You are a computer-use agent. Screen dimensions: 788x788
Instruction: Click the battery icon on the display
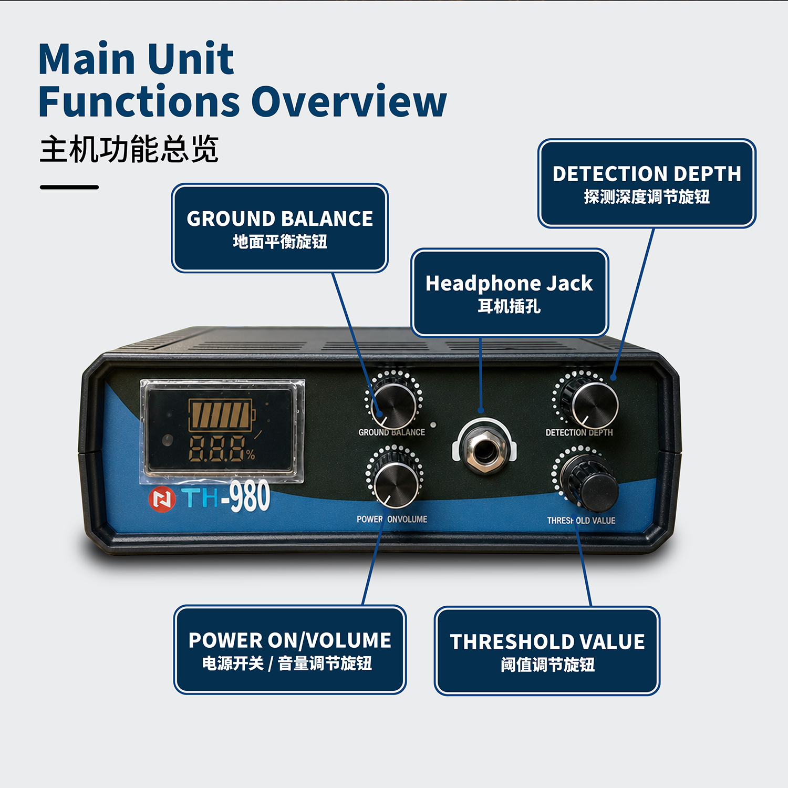[222, 414]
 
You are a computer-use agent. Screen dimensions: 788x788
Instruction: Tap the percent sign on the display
[250, 454]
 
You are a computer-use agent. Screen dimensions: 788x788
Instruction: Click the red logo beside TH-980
[162, 499]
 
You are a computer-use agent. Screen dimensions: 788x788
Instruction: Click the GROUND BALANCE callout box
[279, 228]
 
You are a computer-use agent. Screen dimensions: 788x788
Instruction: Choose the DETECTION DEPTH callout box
[647, 183]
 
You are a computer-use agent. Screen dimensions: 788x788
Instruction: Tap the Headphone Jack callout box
[510, 293]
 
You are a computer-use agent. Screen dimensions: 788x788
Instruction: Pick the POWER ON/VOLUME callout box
[290, 650]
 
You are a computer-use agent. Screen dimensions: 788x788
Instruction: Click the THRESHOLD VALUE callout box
[547, 651]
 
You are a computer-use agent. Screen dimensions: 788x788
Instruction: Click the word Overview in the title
[349, 101]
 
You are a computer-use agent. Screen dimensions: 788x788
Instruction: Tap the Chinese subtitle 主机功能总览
[129, 149]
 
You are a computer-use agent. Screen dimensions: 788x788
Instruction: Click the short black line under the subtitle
[69, 187]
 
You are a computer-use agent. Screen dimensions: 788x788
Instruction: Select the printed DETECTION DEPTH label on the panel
[579, 432]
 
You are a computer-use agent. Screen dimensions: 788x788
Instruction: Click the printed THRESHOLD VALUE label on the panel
[581, 521]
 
